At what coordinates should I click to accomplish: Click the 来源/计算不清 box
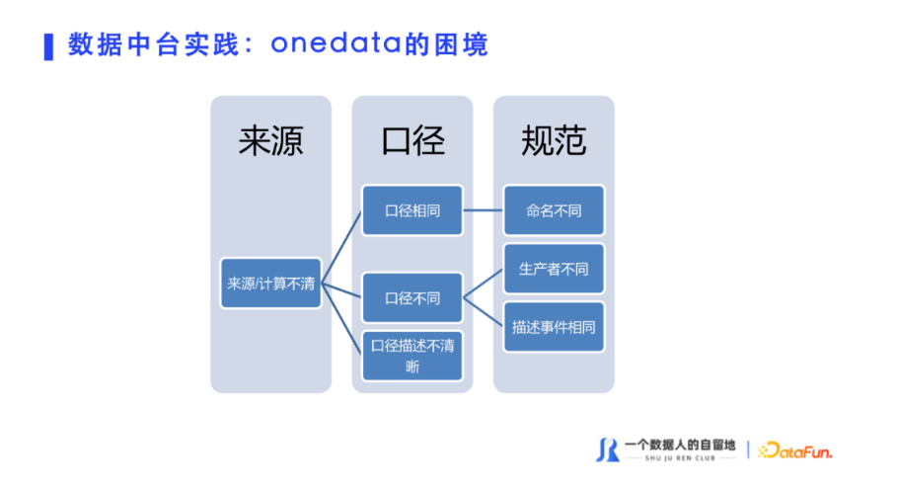click(x=271, y=284)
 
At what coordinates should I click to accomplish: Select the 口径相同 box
click(x=412, y=210)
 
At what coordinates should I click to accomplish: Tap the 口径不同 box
click(x=412, y=298)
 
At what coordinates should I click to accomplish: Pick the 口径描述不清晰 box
click(x=412, y=356)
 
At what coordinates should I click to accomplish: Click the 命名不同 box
click(x=554, y=210)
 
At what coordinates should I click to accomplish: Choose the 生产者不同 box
click(x=554, y=269)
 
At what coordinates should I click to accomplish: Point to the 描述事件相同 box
click(x=554, y=327)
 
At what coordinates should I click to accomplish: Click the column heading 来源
click(x=271, y=141)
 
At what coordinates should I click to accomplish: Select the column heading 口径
click(x=412, y=141)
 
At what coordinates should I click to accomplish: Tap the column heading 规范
click(x=554, y=141)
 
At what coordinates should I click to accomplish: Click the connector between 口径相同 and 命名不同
click(x=483, y=210)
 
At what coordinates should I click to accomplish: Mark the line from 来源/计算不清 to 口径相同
click(x=341, y=248)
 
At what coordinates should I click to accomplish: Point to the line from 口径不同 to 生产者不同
click(x=483, y=284)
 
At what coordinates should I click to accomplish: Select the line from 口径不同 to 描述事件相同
click(x=483, y=312)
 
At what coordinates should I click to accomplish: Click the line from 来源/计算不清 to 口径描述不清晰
click(x=341, y=319)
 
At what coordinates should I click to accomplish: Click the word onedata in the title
click(x=337, y=43)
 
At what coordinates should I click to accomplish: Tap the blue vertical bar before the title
click(x=48, y=47)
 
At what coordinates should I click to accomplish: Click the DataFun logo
click(x=795, y=451)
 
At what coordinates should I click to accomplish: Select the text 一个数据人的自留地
click(x=680, y=445)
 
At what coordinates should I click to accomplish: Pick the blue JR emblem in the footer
click(x=608, y=450)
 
